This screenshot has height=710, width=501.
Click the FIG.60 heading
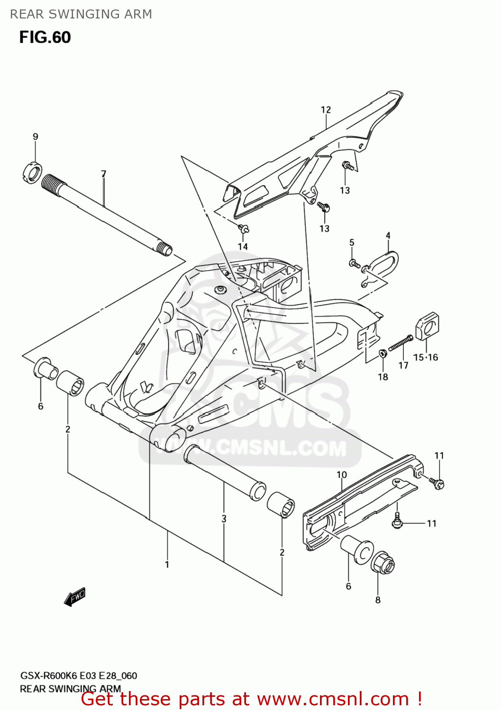pos(45,37)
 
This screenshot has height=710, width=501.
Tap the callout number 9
pos(36,137)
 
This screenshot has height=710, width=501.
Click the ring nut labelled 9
pos(33,172)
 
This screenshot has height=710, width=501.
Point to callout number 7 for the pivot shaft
pos(104,174)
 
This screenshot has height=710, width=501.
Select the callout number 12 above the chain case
pos(326,110)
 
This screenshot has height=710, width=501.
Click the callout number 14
pos(243,247)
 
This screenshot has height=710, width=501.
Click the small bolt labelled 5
pos(354,264)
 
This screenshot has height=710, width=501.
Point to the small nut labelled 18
pos(383,354)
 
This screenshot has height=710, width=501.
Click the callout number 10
pos(342,475)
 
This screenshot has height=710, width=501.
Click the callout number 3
pos(224,519)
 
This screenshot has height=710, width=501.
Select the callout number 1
pos(167,564)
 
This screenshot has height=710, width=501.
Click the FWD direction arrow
pos(75,597)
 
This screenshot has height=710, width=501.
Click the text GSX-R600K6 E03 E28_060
pos(78,676)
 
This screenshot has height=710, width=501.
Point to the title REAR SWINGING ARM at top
pos(81,14)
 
